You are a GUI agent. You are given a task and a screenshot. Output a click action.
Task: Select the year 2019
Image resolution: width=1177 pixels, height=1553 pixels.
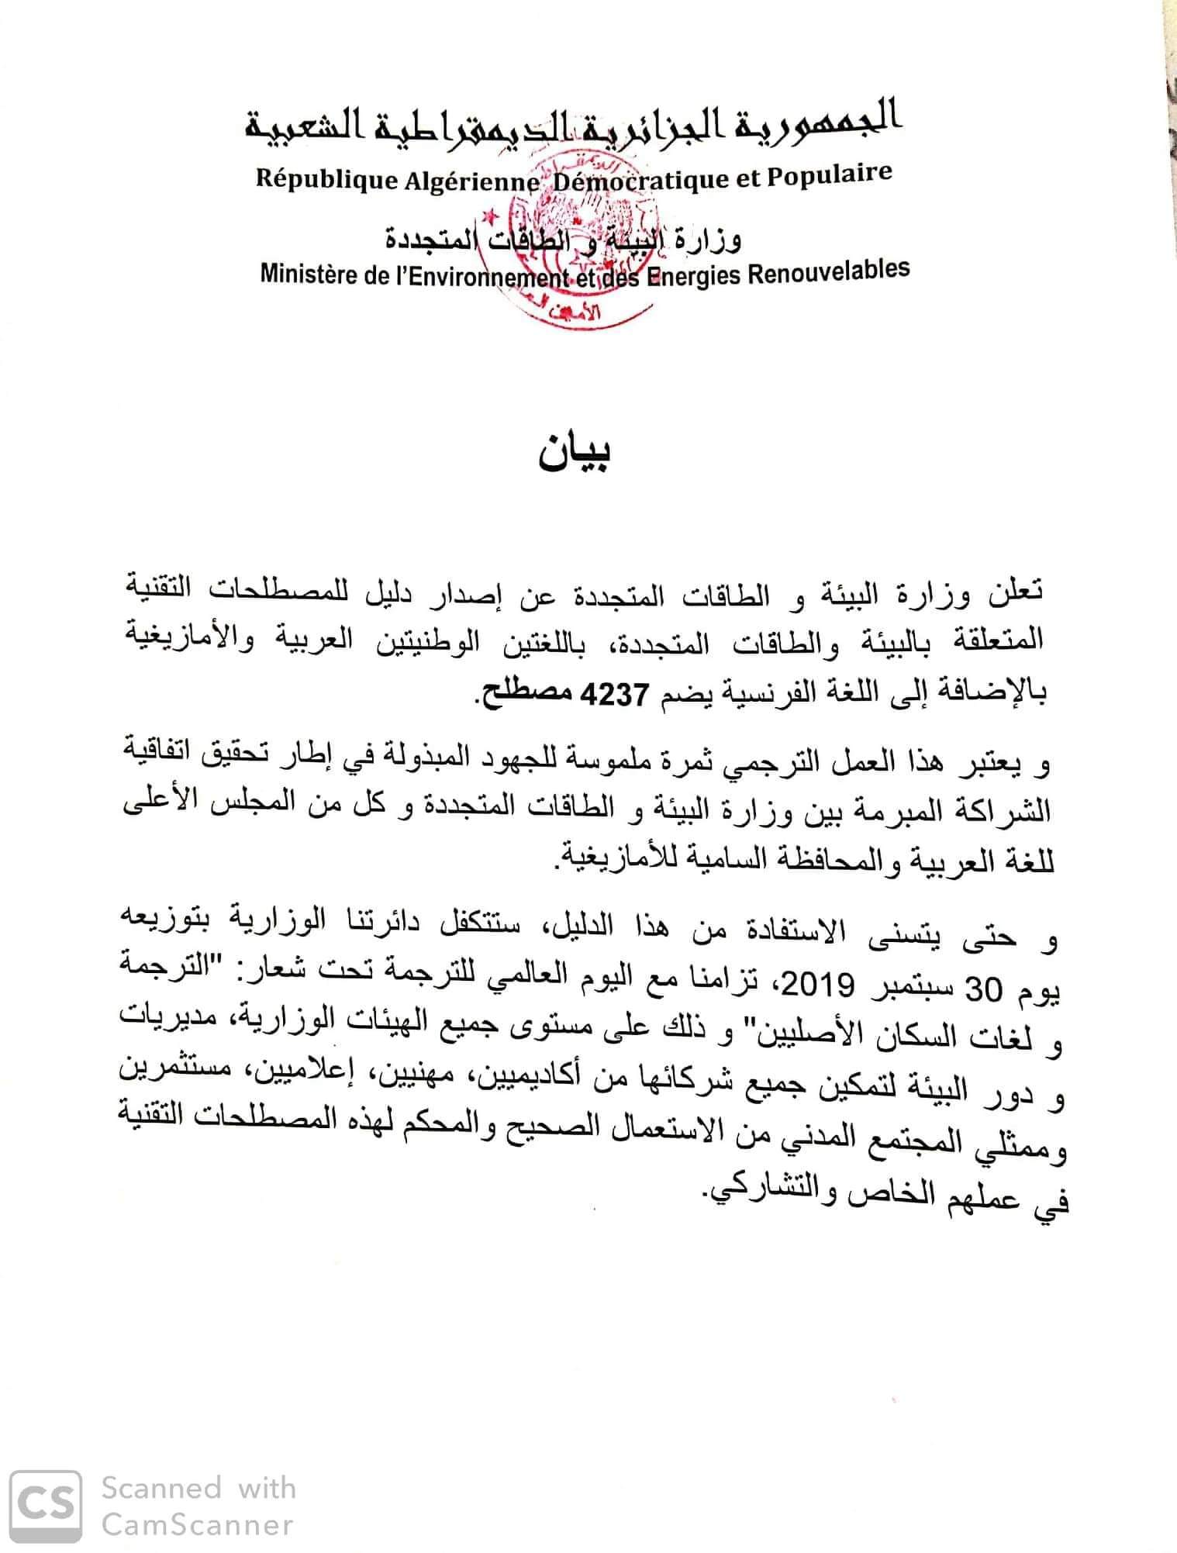(x=821, y=986)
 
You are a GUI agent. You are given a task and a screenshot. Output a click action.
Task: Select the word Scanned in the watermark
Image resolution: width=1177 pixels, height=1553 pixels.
(x=162, y=1488)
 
